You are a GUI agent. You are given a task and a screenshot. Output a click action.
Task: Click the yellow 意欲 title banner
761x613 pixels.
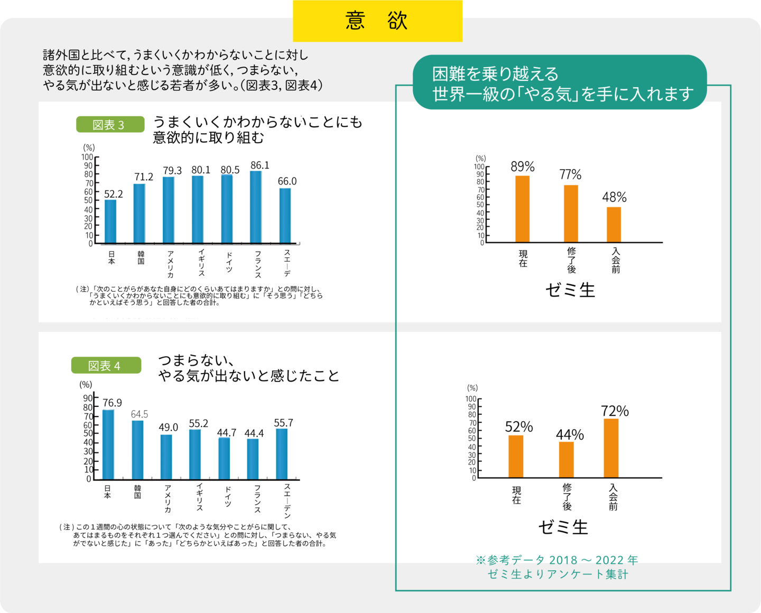click(377, 21)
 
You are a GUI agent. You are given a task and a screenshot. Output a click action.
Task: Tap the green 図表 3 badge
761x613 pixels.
click(110, 125)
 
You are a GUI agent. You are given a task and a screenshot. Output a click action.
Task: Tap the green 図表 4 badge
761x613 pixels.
click(106, 366)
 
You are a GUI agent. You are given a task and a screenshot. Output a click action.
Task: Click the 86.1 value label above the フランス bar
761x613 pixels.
click(259, 165)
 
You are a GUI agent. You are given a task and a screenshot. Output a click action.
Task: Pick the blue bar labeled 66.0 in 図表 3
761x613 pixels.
click(285, 215)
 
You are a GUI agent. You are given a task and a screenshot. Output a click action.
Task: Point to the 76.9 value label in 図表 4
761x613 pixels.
click(112, 403)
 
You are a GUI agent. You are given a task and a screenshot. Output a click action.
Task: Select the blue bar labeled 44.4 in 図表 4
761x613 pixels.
click(253, 458)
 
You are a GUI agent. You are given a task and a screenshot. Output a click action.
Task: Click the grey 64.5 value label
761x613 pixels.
click(140, 414)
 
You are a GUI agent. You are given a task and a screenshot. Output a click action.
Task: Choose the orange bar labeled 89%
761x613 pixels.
click(522, 209)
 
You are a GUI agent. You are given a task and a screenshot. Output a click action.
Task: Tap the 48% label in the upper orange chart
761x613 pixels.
click(614, 198)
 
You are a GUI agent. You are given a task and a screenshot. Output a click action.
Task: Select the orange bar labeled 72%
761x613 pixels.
click(611, 448)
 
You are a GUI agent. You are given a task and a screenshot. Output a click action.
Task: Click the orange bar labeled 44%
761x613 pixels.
click(566, 459)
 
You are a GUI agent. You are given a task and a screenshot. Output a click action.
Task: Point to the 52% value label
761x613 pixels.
click(518, 427)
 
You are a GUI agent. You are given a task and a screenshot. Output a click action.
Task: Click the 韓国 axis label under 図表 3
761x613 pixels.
click(141, 258)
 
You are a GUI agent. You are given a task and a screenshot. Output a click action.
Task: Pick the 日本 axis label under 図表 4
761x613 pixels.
click(107, 492)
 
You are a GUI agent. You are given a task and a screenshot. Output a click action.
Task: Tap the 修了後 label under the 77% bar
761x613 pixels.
click(571, 260)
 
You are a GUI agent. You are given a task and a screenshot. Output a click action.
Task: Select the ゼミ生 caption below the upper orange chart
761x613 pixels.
click(570, 290)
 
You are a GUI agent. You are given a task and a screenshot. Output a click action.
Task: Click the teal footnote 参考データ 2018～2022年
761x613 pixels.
click(557, 560)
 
